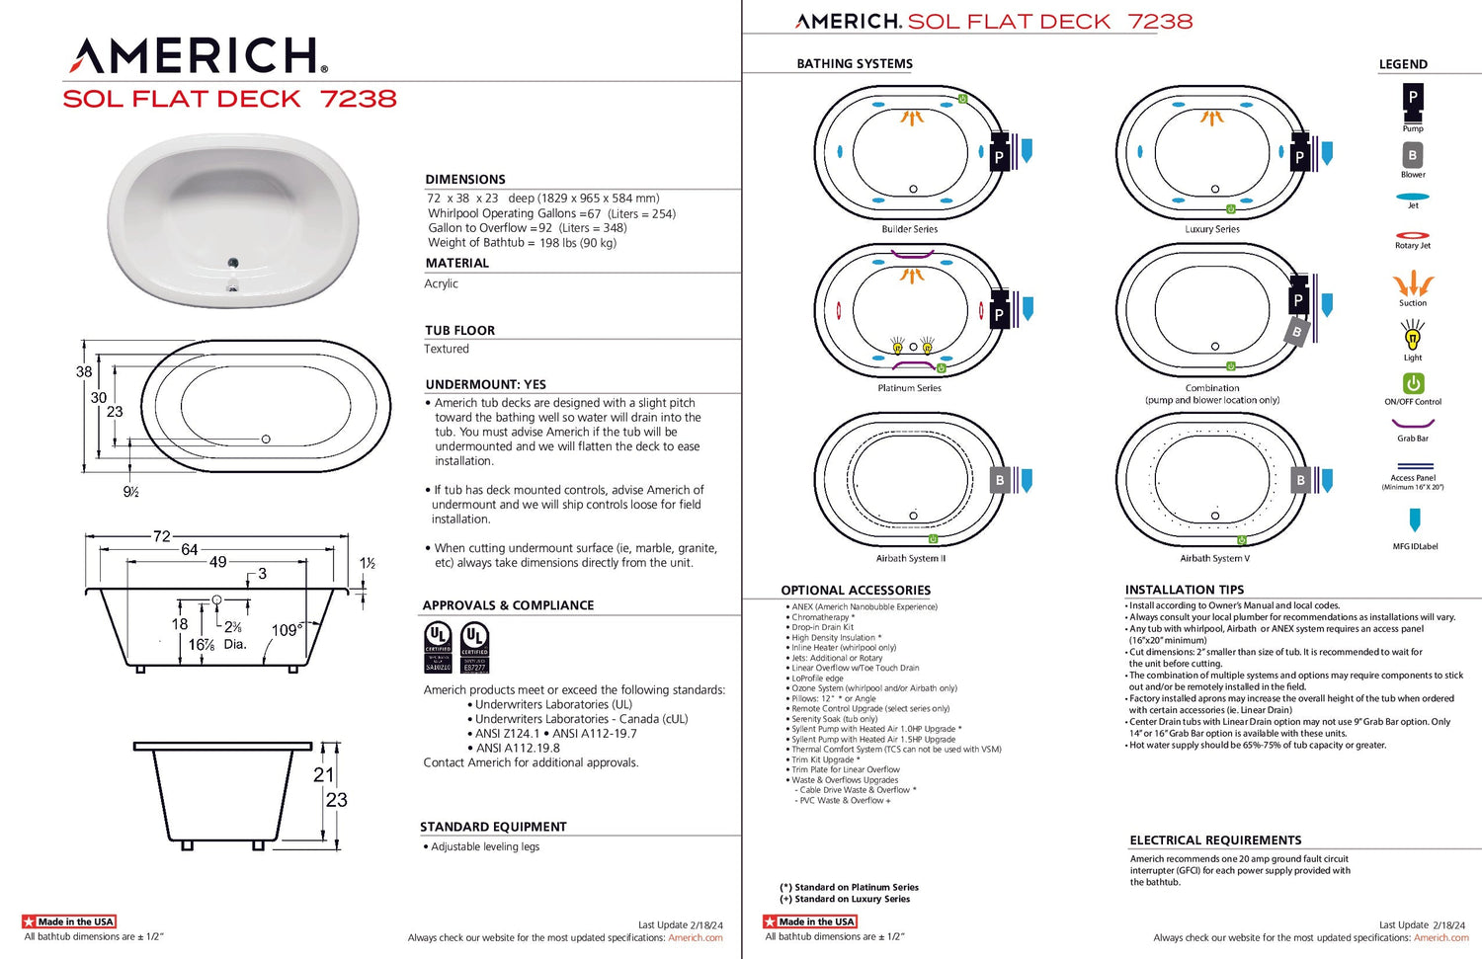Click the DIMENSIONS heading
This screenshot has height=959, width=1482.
[x=465, y=179]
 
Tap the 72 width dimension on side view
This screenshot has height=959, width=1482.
[x=162, y=536]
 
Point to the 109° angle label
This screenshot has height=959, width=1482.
[x=287, y=630]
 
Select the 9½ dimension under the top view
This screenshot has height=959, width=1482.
[x=130, y=492]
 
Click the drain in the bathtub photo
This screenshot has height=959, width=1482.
[x=233, y=263]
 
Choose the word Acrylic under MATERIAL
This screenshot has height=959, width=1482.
[x=442, y=283]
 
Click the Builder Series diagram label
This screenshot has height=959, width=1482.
[x=910, y=229]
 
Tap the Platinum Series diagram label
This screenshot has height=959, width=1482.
[x=910, y=388]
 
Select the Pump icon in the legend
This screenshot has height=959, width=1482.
[x=1413, y=98]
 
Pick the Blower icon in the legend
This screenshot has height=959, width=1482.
[x=1413, y=155]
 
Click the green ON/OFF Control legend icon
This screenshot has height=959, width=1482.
[x=1413, y=383]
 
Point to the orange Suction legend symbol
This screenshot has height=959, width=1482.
[x=1413, y=284]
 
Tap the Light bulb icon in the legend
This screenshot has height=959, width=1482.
[x=1413, y=338]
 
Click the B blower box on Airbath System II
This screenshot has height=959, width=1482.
[x=1000, y=480]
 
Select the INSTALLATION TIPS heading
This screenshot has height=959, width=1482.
[x=1185, y=590]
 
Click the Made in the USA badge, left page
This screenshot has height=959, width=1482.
[x=69, y=921]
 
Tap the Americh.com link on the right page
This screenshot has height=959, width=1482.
[x=1441, y=937]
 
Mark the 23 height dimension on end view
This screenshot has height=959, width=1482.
[x=337, y=800]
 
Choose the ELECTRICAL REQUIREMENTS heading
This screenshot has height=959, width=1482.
[x=1215, y=840]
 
